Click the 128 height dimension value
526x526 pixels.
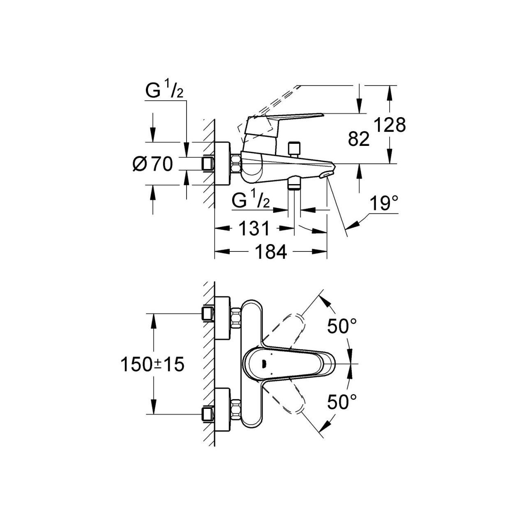(x=390, y=125)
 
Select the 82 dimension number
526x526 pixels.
(x=359, y=140)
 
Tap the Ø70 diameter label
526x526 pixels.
(x=152, y=164)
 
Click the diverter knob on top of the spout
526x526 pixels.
(x=294, y=148)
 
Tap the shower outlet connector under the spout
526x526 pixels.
(x=294, y=183)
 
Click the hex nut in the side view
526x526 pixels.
(x=237, y=164)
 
